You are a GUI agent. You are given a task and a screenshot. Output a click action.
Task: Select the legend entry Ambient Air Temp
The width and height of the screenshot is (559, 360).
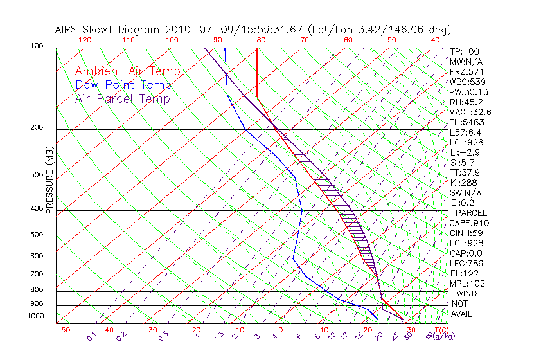127,71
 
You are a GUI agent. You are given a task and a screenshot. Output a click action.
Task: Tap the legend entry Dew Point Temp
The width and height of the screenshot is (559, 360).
123,85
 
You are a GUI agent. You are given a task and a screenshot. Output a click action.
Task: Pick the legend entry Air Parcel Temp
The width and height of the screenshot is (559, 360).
123,98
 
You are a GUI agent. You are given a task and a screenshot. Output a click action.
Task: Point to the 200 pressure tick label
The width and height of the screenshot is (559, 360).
37,128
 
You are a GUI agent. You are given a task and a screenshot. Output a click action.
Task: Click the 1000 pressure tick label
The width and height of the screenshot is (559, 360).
35,316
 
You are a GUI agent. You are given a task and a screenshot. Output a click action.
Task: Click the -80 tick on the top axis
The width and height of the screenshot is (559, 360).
258,40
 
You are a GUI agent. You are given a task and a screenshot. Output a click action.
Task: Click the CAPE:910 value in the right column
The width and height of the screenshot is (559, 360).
468,223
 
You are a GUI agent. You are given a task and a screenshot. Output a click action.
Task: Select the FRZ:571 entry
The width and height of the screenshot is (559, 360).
466,71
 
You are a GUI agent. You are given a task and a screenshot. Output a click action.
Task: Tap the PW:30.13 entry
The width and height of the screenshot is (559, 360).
468,92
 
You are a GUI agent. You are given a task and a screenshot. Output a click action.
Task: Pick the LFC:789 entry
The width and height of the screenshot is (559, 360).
466,263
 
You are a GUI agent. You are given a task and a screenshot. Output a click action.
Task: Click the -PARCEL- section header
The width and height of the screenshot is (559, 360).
471,213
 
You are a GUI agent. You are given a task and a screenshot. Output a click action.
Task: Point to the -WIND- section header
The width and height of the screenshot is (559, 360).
466,293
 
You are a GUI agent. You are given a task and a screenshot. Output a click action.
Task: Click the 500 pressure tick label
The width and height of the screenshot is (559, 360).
37,235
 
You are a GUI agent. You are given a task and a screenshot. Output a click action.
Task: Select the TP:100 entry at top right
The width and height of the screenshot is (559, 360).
465,51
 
